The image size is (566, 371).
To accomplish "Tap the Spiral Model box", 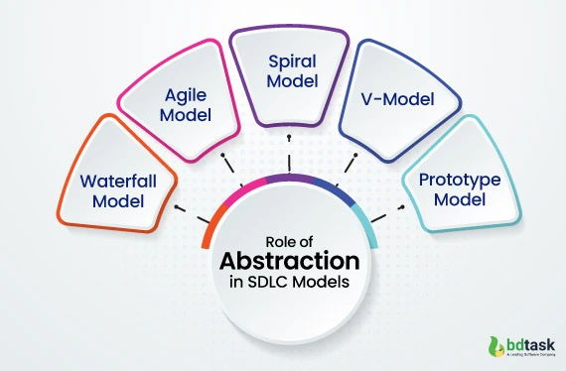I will point(287,75).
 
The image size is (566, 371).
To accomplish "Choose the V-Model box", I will point(397,99).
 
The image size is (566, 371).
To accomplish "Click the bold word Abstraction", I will point(288,262).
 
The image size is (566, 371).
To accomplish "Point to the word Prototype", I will point(459,181).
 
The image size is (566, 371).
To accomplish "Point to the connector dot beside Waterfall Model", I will point(177,207).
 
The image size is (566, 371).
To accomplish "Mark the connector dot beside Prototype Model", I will point(402,207).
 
